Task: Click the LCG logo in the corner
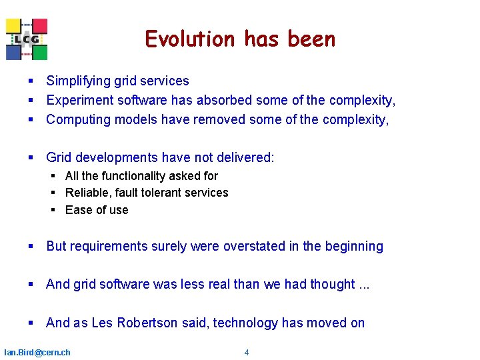click(x=27, y=39)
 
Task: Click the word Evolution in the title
click(x=189, y=39)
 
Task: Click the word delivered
click(x=243, y=158)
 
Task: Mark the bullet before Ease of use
click(x=53, y=210)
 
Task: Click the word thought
click(x=332, y=285)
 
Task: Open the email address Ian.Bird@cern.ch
click(x=37, y=352)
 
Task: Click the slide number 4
click(x=247, y=352)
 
